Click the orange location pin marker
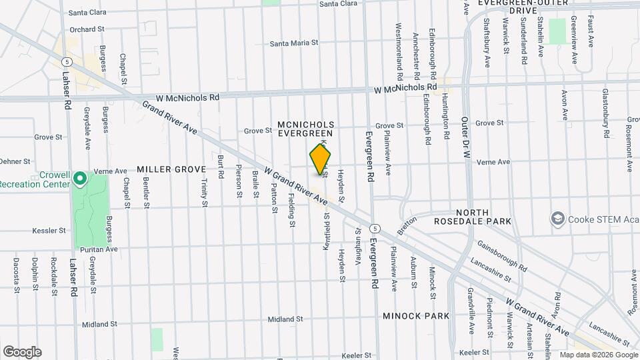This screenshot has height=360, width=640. (x=320, y=159)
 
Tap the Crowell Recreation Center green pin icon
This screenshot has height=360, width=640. (x=79, y=178)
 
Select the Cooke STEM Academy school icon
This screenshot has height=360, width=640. (x=557, y=219)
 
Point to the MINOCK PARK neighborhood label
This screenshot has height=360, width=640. (x=416, y=315)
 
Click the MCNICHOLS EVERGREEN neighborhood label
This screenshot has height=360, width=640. (x=305, y=129)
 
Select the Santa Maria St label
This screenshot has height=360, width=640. (x=294, y=43)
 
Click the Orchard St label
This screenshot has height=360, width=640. (x=87, y=29)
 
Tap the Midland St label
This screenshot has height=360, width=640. (x=99, y=324)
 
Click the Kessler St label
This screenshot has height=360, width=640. (x=49, y=231)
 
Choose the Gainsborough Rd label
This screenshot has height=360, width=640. (x=502, y=256)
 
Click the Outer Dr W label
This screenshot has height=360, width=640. (x=465, y=139)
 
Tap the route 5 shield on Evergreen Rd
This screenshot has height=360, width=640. (x=376, y=227)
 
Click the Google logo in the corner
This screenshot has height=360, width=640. (x=22, y=351)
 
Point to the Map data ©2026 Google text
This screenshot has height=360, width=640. (x=598, y=355)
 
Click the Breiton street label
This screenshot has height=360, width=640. (x=406, y=224)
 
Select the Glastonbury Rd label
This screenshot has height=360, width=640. (x=606, y=113)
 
